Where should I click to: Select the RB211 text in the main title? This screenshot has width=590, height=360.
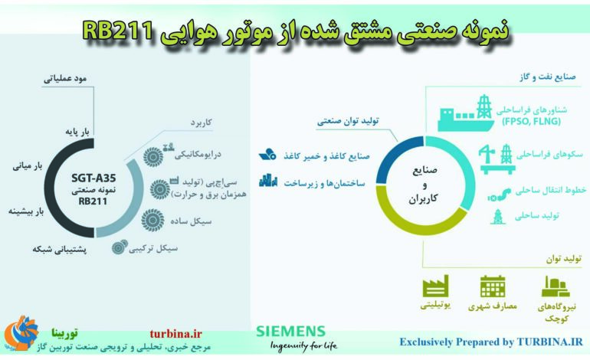coord(117,31)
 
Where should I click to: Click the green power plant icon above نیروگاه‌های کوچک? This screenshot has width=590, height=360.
coord(553,287)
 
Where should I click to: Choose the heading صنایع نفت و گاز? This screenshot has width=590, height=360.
coord(547,79)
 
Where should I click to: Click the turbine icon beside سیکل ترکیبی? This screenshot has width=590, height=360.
coord(120,247)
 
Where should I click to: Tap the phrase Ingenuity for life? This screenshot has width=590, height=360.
coord(303,345)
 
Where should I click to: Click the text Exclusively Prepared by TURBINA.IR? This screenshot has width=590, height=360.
coord(491,342)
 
